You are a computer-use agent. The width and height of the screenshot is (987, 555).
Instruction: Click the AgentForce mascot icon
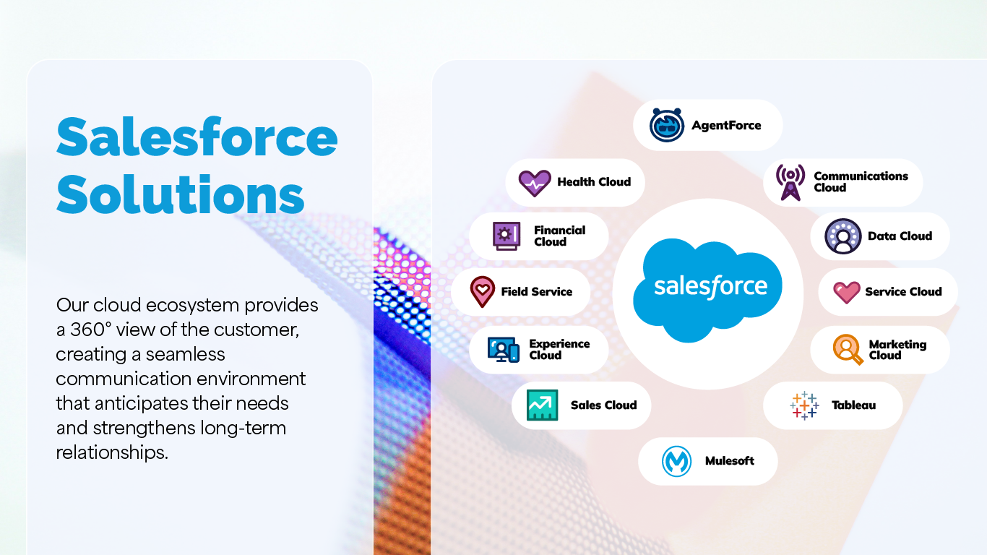[x=667, y=125]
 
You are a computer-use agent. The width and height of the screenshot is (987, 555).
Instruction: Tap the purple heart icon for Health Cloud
[x=535, y=183]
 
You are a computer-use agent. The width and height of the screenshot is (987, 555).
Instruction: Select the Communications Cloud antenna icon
[x=790, y=182]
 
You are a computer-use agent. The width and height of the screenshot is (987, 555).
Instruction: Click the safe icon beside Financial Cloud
[x=507, y=236]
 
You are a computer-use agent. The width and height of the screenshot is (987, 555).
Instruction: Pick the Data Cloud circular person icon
[x=843, y=236]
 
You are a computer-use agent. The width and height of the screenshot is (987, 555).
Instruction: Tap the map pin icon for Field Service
[x=483, y=291]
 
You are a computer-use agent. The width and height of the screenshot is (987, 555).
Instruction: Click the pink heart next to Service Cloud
[x=846, y=292]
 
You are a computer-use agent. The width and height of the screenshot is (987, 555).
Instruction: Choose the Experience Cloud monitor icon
[x=503, y=350]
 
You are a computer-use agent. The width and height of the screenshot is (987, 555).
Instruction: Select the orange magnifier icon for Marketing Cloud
[x=848, y=350]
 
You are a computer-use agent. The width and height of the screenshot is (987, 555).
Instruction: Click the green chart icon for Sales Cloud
[x=543, y=405]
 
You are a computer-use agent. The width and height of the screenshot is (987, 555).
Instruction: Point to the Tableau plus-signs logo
[x=804, y=405]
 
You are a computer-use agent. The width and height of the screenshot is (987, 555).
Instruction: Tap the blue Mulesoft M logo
[x=676, y=461]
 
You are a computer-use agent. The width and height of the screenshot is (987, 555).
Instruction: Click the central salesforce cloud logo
[x=707, y=290]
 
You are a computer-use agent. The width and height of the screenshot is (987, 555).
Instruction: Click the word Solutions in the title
[x=181, y=194]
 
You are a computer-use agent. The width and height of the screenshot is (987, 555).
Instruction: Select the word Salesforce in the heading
[x=197, y=137]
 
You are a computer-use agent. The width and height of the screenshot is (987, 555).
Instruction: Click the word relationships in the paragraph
[x=112, y=452]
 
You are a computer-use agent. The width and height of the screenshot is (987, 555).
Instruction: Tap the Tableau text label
[x=853, y=405]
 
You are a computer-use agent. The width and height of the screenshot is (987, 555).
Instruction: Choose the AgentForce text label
[x=726, y=125]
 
